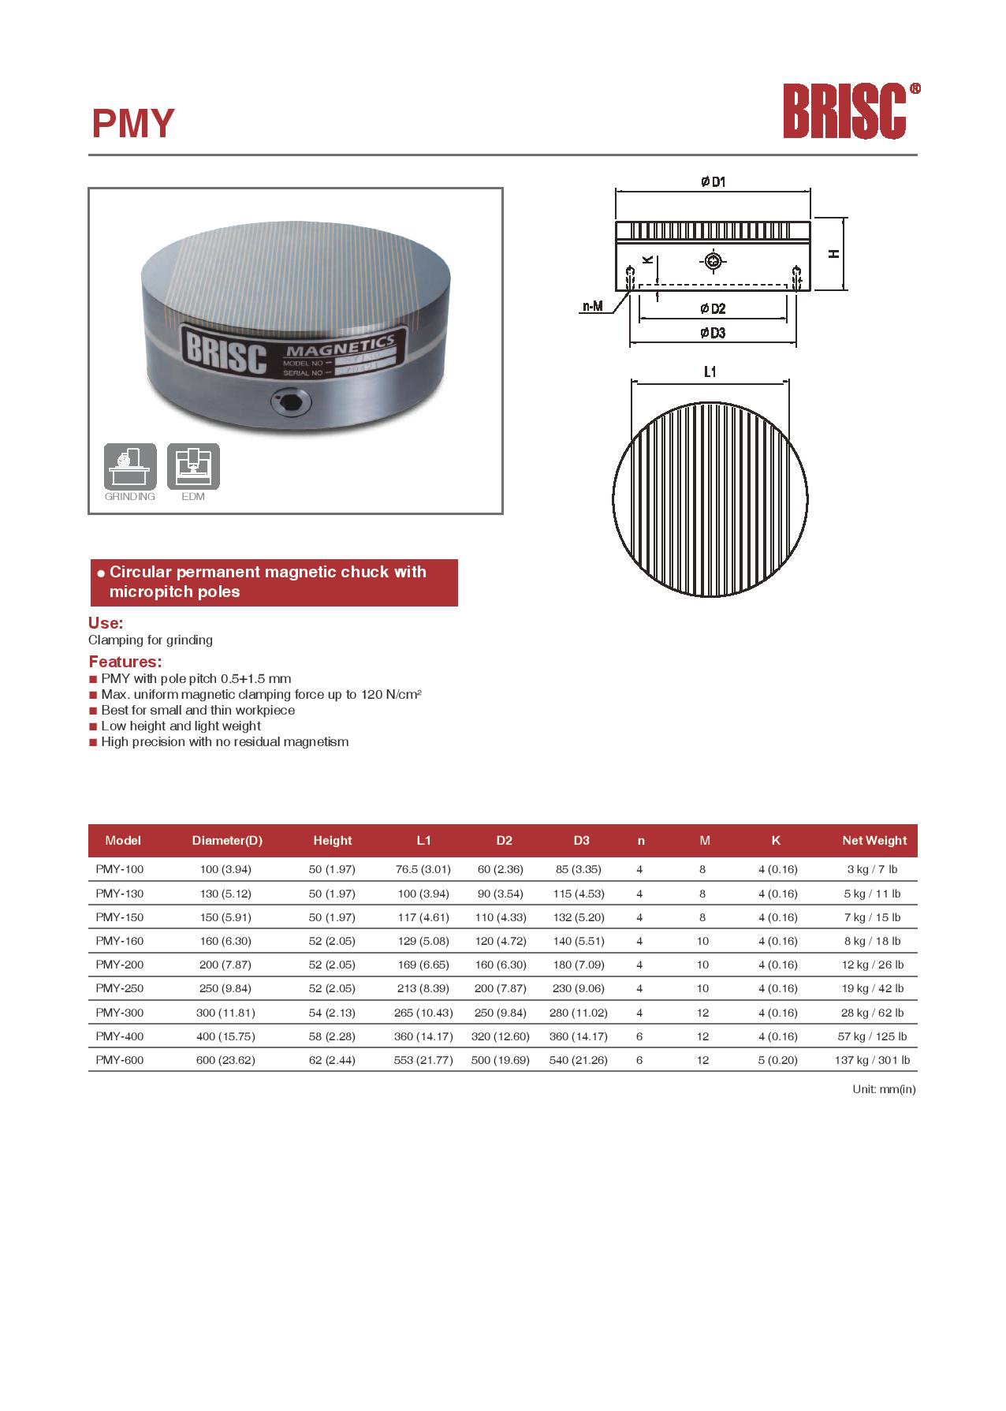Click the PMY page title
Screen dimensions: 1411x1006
pyautogui.click(x=132, y=124)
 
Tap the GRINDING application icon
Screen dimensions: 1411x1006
pyautogui.click(x=130, y=466)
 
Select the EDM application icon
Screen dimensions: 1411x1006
pyautogui.click(x=193, y=466)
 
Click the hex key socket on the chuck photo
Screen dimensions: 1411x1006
pyautogui.click(x=289, y=404)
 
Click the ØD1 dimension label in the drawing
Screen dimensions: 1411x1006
pyautogui.click(x=713, y=182)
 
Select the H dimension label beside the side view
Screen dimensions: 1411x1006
pyautogui.click(x=833, y=254)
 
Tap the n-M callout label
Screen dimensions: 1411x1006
pyautogui.click(x=593, y=306)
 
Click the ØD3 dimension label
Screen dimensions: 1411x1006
pyautogui.click(x=713, y=333)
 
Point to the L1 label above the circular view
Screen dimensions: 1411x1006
pyautogui.click(x=710, y=371)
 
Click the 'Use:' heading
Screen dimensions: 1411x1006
pyautogui.click(x=106, y=622)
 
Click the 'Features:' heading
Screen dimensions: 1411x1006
pyautogui.click(x=125, y=661)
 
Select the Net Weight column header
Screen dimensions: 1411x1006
pyautogui.click(x=874, y=840)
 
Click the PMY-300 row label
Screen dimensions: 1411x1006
pyautogui.click(x=120, y=1012)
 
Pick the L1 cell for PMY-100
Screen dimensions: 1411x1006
pyautogui.click(x=423, y=869)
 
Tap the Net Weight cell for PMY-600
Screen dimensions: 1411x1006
pyautogui.click(x=871, y=1059)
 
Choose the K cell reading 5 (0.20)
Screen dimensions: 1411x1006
pyautogui.click(x=777, y=1059)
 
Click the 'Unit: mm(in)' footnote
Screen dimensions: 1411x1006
pyautogui.click(x=884, y=1089)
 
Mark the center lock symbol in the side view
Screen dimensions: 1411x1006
pyautogui.click(x=713, y=261)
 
